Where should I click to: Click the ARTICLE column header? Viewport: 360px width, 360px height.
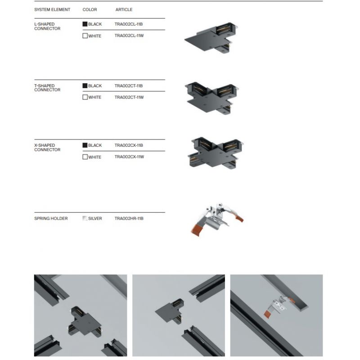click(x=124, y=9)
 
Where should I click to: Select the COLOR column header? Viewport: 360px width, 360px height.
click(x=90, y=9)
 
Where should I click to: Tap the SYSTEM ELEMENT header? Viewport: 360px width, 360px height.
click(x=52, y=9)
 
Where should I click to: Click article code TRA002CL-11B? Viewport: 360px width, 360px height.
click(x=129, y=24)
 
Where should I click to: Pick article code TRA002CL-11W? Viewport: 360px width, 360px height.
click(x=129, y=36)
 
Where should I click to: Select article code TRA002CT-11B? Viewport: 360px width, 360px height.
click(x=129, y=86)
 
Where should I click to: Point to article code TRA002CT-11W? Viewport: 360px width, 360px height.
click(x=129, y=97)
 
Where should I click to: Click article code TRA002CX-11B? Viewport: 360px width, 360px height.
click(x=129, y=145)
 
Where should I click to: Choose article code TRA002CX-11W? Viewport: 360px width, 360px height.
click(x=129, y=157)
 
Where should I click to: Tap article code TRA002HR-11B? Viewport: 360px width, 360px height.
click(x=129, y=219)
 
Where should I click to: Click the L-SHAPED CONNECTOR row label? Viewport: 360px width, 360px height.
click(x=47, y=27)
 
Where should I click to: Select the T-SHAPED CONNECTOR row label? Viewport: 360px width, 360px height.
click(x=47, y=88)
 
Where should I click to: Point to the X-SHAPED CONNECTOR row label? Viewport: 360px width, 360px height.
click(x=47, y=148)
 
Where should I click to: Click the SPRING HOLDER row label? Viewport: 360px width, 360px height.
click(x=51, y=219)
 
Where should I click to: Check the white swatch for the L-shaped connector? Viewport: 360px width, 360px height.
click(x=85, y=36)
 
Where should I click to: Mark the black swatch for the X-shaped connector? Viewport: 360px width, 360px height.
click(x=85, y=145)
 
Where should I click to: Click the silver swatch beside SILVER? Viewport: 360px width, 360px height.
click(x=85, y=218)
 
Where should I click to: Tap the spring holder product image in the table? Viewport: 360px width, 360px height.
click(x=217, y=219)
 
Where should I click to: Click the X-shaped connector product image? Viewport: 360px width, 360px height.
click(x=216, y=153)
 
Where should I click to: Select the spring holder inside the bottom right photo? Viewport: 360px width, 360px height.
click(x=279, y=306)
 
